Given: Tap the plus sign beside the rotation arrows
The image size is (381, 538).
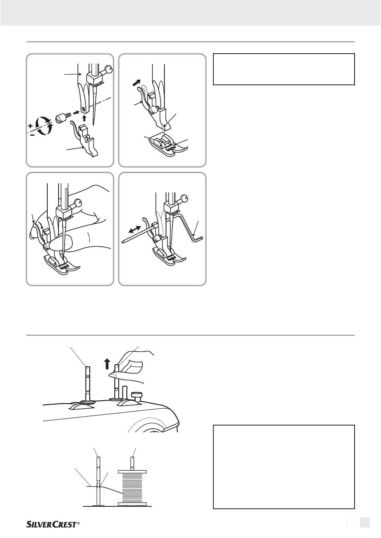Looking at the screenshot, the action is click(30, 126).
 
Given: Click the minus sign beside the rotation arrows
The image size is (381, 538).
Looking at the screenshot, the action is click(32, 135).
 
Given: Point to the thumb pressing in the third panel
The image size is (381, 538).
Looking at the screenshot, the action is click(62, 243).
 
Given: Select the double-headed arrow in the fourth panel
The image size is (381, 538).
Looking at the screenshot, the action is click(134, 229).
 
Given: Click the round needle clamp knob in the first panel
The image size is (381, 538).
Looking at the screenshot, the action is click(109, 70).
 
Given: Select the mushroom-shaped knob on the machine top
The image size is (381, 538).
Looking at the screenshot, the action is click(136, 396).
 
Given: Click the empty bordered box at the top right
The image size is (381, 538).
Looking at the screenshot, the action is click(284, 69).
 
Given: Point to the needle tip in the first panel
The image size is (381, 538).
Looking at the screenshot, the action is click(93, 126).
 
